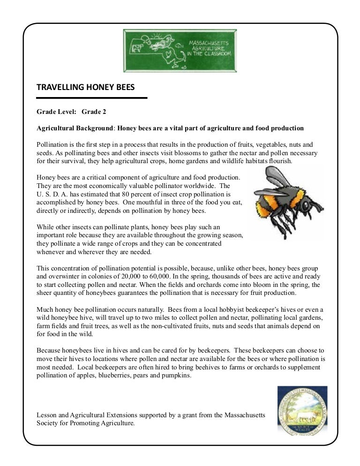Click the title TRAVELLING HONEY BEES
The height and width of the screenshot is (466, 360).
(86, 87)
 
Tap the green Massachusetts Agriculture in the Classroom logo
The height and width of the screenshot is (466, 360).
(180, 51)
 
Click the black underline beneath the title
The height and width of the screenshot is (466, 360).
(92, 98)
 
